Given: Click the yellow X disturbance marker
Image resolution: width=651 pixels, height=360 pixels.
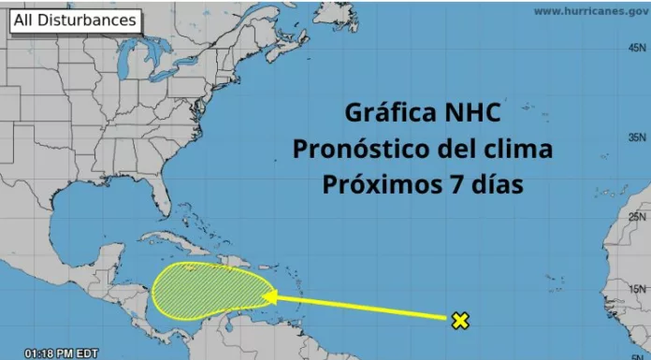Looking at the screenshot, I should click(459, 321).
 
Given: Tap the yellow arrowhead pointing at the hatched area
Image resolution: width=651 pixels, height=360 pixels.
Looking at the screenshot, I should click(269, 297).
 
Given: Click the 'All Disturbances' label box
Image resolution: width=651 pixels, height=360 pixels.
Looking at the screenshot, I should click(74, 20).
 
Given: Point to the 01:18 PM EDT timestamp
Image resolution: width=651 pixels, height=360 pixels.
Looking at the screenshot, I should click(63, 353).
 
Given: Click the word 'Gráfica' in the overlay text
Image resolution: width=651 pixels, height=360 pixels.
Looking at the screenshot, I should click(383, 115).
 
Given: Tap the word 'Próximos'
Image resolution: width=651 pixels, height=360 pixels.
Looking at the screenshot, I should click(375, 183).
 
